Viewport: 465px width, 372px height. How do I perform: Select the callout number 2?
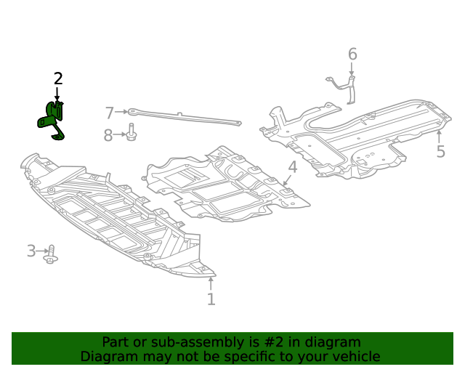click(x=58, y=78)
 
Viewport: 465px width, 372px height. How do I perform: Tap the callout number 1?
click(x=211, y=299)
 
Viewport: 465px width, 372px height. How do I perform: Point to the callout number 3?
click(x=31, y=251)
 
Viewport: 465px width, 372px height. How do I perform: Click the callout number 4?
click(x=292, y=168)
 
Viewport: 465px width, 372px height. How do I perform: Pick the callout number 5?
click(x=440, y=151)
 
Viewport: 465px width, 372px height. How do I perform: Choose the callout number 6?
click(x=352, y=54)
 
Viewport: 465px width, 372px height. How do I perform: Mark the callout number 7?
click(x=110, y=113)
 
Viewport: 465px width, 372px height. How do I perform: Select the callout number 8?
click(x=108, y=135)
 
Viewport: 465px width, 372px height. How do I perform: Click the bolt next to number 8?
click(x=132, y=134)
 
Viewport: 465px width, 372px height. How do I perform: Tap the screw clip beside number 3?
click(x=51, y=254)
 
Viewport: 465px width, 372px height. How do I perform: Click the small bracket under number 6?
click(x=346, y=88)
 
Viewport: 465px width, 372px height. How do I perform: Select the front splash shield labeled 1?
click(x=109, y=218)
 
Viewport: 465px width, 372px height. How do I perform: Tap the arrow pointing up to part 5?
click(x=439, y=136)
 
